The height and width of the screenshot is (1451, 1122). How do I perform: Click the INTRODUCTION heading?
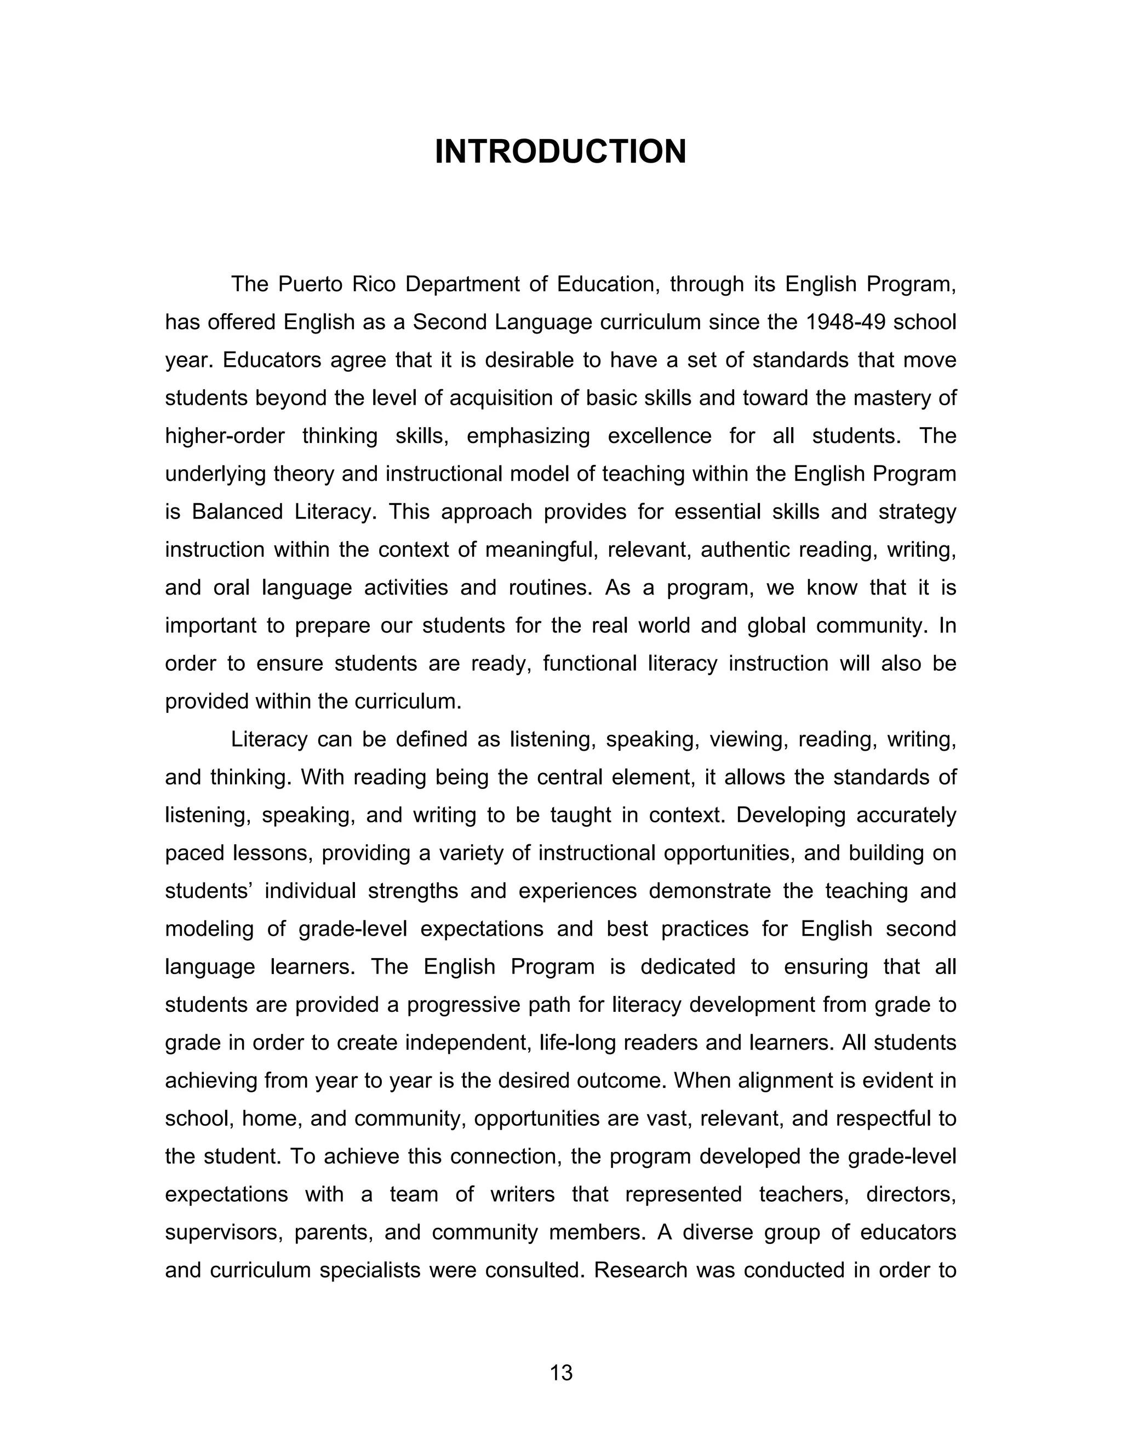[560, 152]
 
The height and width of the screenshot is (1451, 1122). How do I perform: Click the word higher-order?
[225, 436]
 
